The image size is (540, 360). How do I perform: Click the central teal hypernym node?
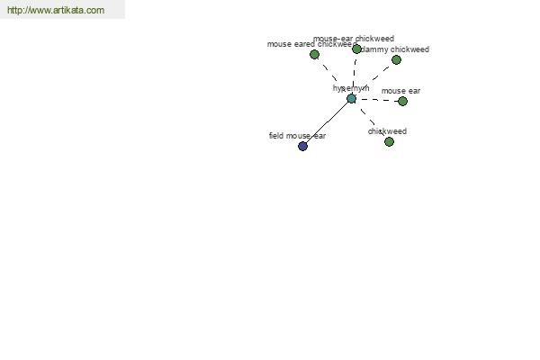coord(351,98)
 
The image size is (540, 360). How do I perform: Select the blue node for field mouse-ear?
coord(302,146)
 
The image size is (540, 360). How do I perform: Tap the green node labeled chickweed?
coord(389,141)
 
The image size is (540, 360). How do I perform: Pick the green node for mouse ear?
coord(402,101)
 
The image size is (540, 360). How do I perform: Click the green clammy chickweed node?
coord(396,59)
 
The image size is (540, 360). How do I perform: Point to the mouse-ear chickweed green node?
coord(356,49)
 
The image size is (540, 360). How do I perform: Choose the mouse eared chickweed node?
coord(314,54)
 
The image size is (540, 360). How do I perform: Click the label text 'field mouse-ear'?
coord(297,136)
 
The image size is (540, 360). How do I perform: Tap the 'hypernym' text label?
coord(351,88)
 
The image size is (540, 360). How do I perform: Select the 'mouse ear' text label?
coord(400,91)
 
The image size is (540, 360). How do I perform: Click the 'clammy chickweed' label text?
coord(395,49)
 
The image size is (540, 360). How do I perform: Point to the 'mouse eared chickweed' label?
coord(310,44)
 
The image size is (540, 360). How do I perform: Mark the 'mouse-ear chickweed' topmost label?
coord(354,39)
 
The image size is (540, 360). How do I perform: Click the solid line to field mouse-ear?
coord(327,122)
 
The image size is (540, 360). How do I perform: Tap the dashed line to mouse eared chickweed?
coord(332,76)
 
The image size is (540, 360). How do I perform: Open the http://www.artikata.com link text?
coord(56,10)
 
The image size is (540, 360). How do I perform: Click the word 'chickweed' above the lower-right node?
coord(387,131)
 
